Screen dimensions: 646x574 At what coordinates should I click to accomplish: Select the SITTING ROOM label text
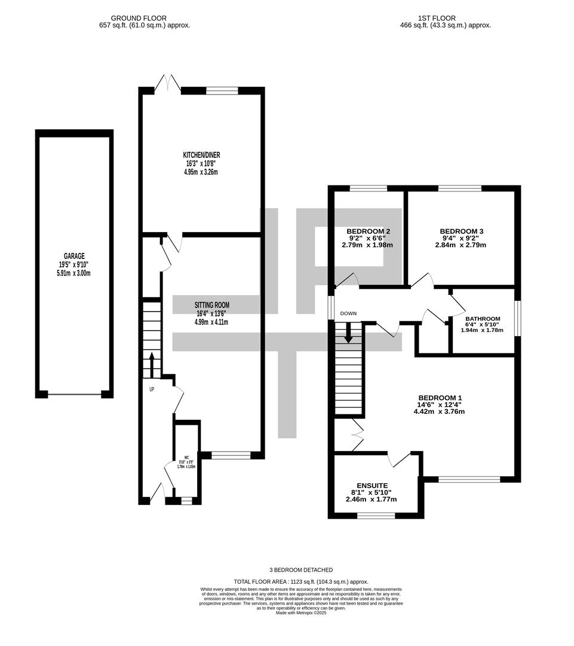(x=211, y=305)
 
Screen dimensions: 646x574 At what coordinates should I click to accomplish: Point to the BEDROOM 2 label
(x=369, y=231)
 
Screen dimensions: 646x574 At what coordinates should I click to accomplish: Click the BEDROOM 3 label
(x=461, y=231)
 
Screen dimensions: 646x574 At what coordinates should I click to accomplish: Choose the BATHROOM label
(x=483, y=319)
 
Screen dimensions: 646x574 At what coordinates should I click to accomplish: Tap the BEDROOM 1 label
(x=440, y=398)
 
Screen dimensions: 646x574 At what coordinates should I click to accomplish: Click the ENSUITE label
(x=372, y=485)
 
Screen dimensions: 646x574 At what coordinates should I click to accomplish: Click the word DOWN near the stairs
(x=348, y=313)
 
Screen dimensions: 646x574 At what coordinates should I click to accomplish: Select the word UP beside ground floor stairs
(x=152, y=389)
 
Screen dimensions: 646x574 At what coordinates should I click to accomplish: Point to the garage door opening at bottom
(x=75, y=394)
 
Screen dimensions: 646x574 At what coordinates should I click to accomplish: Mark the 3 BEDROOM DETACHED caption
(x=301, y=570)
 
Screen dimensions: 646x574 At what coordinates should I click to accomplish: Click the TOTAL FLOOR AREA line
(x=301, y=581)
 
